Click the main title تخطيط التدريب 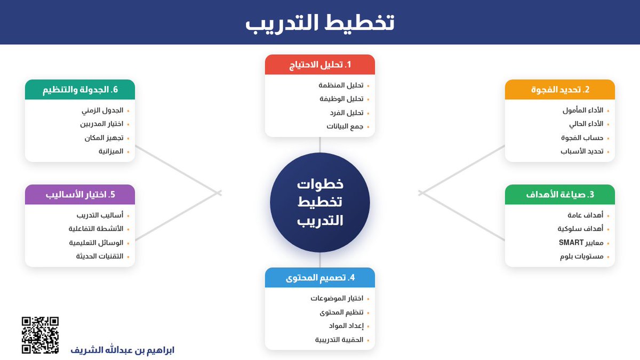point(319,22)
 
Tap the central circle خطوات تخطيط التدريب point(320,202)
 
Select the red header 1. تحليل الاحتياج point(320,65)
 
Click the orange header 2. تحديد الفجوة point(560,90)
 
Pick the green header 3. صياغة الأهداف point(560,195)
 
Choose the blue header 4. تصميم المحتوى point(320,277)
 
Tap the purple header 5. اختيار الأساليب point(80,195)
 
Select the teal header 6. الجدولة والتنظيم point(80,90)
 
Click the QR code point(40,335)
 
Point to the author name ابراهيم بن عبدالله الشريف point(123,350)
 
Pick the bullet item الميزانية point(111,151)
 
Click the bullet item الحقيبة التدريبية point(339,340)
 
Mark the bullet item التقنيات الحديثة point(100,257)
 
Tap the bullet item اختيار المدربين point(102,124)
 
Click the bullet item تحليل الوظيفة point(341,99)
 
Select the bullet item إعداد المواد point(346,326)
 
